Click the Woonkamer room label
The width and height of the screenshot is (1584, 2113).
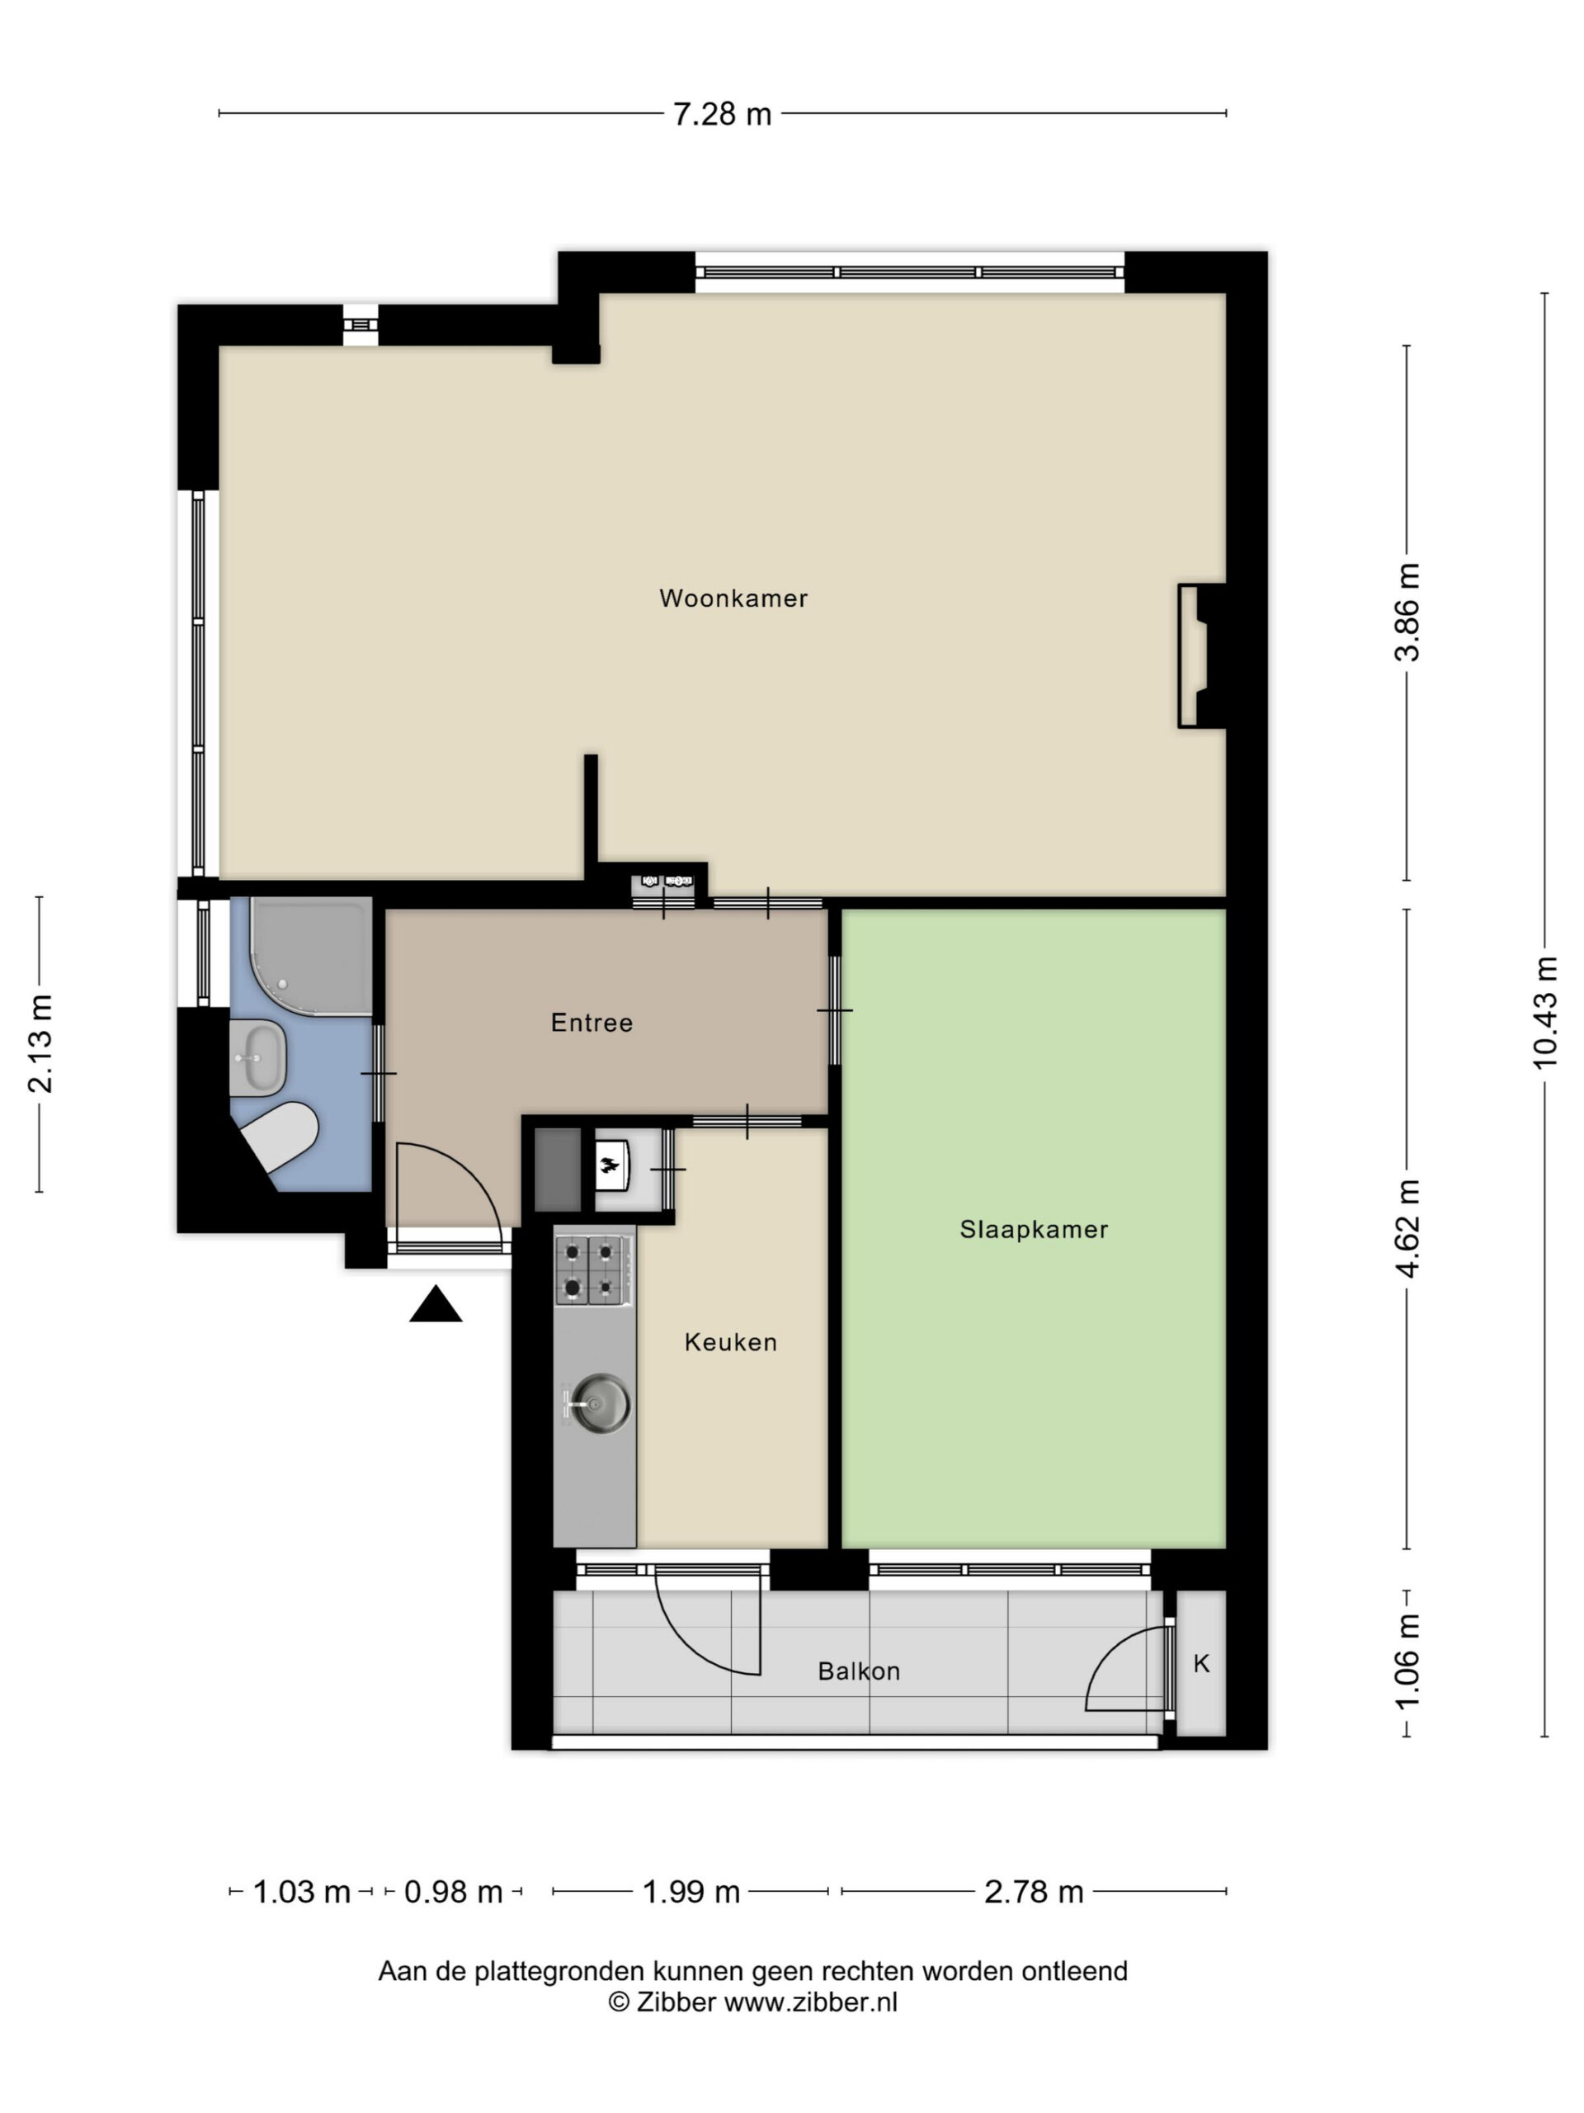coord(733,599)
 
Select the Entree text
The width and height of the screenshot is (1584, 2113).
coord(592,1023)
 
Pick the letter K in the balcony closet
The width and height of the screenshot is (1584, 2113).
coord(1201,1663)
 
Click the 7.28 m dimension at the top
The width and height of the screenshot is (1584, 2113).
coord(722,115)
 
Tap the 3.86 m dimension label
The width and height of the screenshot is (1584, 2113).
coord(1407,612)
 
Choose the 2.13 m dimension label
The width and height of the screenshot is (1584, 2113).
coord(40,1043)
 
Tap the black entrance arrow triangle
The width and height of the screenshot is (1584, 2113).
coord(436,1304)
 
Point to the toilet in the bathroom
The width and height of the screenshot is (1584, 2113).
coord(280,1137)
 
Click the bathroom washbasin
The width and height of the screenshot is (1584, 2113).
coord(257,1057)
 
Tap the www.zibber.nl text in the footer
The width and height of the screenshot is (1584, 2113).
coord(811,2003)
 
